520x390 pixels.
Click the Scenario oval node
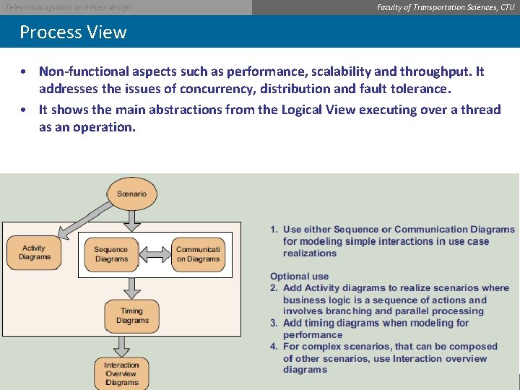pos(131,194)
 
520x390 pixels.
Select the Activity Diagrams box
pos(35,253)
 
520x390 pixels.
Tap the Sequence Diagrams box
pos(110,254)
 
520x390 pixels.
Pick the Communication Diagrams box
pos(198,254)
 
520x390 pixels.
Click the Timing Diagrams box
pos(131,316)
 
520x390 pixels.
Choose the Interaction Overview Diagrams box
pos(121,373)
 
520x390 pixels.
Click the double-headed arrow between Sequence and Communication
pos(154,254)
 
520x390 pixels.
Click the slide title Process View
pos(73,32)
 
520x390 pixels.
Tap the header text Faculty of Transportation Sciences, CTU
pos(446,7)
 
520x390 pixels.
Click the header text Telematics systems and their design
pos(68,7)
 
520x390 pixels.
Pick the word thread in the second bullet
pos(480,109)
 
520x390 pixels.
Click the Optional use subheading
pos(299,276)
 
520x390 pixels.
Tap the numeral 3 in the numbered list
pos(274,323)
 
